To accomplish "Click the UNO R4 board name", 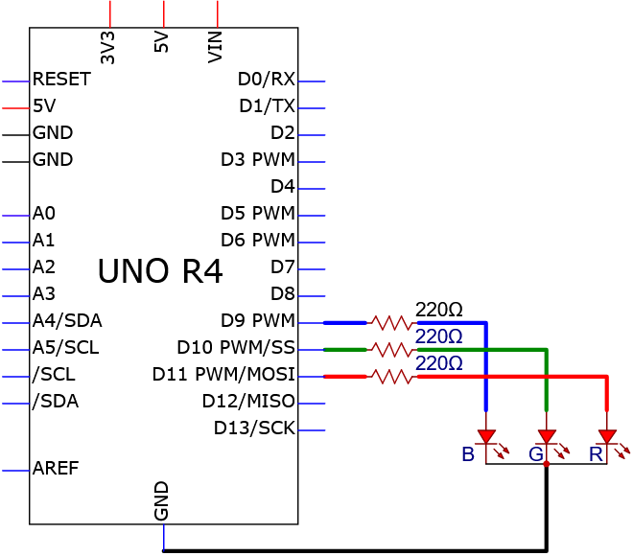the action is (x=160, y=270).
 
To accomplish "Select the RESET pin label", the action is (x=61, y=79).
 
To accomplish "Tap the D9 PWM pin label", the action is (x=258, y=320).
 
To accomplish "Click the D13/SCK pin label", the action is (x=254, y=428).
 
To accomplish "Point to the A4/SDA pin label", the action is (x=67, y=320).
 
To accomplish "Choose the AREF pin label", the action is (x=56, y=468).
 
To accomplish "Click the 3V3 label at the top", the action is (x=107, y=48).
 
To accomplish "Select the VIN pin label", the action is (x=215, y=47).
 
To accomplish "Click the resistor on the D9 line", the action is (x=391, y=323).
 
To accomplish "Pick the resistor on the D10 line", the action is (x=391, y=350).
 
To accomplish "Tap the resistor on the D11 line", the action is (x=391, y=377).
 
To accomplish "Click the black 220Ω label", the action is (x=439, y=310).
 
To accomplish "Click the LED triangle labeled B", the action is (x=486, y=436).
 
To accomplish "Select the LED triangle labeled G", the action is (x=547, y=436).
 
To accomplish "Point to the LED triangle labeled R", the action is (x=607, y=436).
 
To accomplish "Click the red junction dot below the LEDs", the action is (x=547, y=464).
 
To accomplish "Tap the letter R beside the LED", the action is (x=596, y=454).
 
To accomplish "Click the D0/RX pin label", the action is (x=267, y=79).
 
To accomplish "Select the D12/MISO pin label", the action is (x=248, y=401).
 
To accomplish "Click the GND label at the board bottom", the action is (x=161, y=500).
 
